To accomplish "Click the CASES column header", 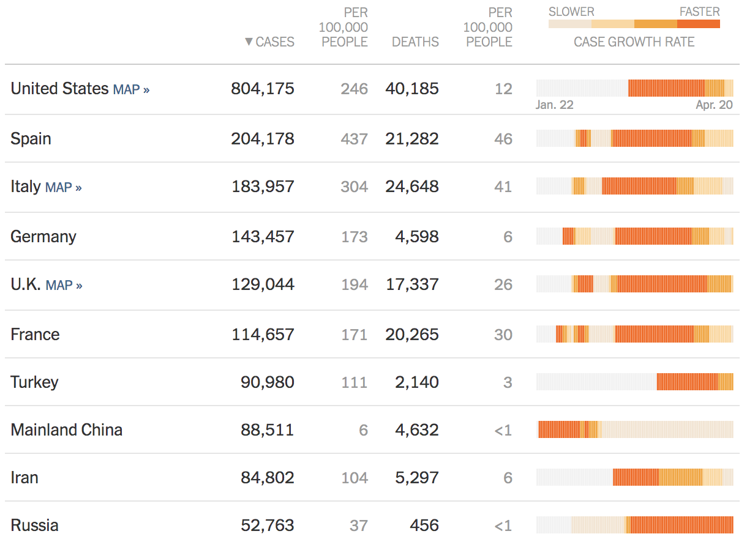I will coord(275,42).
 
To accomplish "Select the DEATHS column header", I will coord(415,42).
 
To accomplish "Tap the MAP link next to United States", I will coord(131,89).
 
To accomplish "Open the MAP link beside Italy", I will coord(63,187).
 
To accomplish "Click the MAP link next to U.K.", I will coord(64,285).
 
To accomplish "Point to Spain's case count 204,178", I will coord(263,139).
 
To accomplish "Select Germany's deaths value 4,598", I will coord(416,237).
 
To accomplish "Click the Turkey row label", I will coord(34,382).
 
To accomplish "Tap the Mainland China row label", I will coord(66,430).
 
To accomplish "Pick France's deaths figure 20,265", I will coord(411,335).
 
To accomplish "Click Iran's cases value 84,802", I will coord(267,478).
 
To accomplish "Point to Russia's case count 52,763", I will coord(267,525).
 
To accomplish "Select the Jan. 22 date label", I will coord(554,105).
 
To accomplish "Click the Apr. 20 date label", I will coord(714,105).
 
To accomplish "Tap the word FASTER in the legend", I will coord(699,12).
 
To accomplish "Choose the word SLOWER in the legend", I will coord(571,12).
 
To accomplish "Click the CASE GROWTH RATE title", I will coord(634,42).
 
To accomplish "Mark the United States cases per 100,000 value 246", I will coord(355,89).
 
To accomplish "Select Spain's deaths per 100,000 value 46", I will coord(503,139).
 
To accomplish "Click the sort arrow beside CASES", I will coord(248,42).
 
